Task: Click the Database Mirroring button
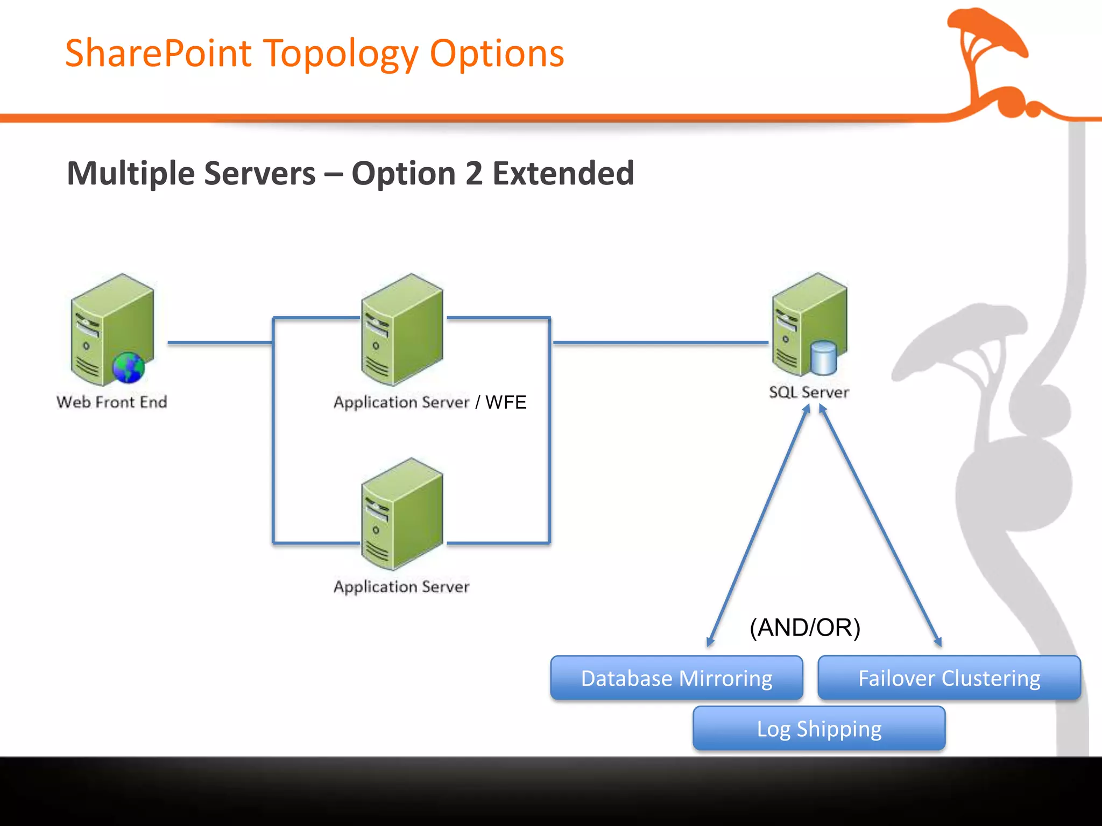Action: click(x=676, y=678)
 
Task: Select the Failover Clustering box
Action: click(x=949, y=678)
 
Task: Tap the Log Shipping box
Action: click(x=818, y=729)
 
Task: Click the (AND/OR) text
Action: click(x=805, y=628)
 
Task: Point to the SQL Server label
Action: click(x=809, y=392)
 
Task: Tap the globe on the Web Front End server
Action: click(x=128, y=368)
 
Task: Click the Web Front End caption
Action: click(x=112, y=402)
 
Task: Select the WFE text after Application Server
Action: click(x=505, y=402)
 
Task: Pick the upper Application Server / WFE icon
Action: click(x=402, y=329)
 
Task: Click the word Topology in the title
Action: click(x=341, y=54)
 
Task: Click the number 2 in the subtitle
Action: click(x=474, y=173)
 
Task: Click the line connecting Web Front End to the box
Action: click(x=220, y=343)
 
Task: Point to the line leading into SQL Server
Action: click(x=661, y=343)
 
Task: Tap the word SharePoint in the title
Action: click(x=158, y=54)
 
